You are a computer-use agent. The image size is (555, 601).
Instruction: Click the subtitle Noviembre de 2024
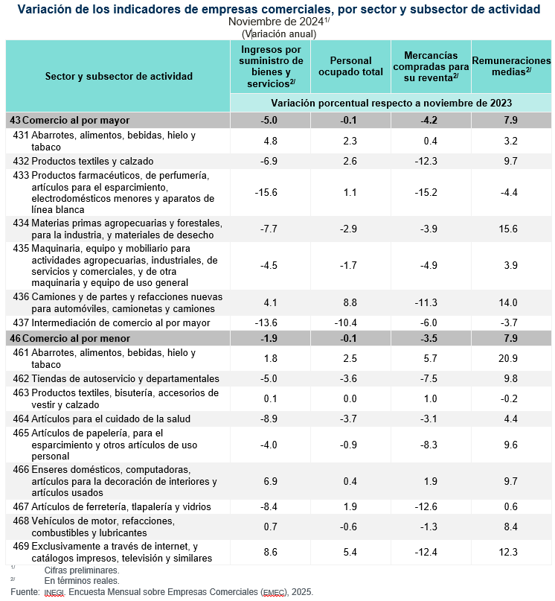coord(276,22)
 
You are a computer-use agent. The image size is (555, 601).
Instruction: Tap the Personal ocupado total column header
coord(350,66)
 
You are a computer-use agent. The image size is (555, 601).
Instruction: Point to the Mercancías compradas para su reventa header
coord(431,66)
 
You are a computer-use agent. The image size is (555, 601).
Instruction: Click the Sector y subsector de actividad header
coord(118,76)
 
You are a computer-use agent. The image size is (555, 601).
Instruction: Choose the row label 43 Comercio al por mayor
coord(70,120)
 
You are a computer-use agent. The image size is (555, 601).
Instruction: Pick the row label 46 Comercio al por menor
coord(70,339)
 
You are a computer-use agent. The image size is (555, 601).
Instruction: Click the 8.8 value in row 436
coord(349,302)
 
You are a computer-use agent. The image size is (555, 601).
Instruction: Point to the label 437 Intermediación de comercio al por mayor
coord(112,322)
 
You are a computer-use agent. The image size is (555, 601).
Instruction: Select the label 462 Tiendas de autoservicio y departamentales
coord(116,378)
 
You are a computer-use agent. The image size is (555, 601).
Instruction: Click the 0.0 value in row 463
coord(349,398)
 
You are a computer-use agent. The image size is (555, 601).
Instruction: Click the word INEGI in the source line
coord(54,593)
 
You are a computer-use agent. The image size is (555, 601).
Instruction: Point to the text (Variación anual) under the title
coord(279,34)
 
